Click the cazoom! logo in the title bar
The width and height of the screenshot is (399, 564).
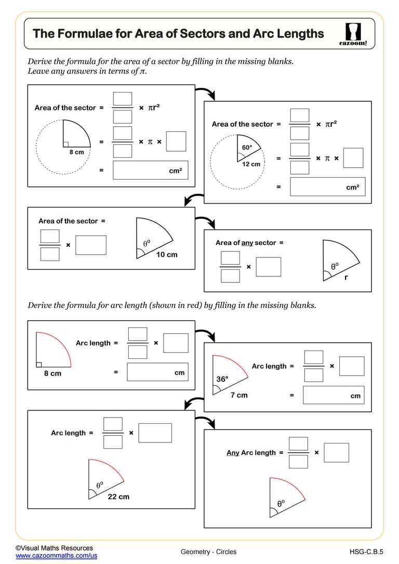tap(356, 34)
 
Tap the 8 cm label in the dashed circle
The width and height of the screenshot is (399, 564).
tap(76, 152)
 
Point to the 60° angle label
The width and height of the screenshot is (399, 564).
tap(247, 147)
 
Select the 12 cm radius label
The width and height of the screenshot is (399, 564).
tap(251, 164)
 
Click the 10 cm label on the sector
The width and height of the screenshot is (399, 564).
tap(167, 254)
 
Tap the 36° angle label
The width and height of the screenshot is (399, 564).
tap(222, 379)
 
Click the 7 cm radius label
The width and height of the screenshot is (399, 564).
tap(239, 395)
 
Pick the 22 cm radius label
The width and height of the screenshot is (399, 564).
tap(118, 496)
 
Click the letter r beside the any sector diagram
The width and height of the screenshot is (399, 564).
tap(346, 277)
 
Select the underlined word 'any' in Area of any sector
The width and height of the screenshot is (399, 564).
tap(248, 243)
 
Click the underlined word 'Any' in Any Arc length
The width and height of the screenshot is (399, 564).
tap(233, 452)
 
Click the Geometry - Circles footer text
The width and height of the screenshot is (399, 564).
tap(208, 552)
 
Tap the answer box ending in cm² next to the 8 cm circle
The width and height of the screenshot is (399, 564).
tap(150, 170)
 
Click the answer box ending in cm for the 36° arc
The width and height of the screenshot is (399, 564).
tap(332, 395)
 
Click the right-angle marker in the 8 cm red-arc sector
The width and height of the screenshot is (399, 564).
tap(38, 364)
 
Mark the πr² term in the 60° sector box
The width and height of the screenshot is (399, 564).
tap(330, 124)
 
